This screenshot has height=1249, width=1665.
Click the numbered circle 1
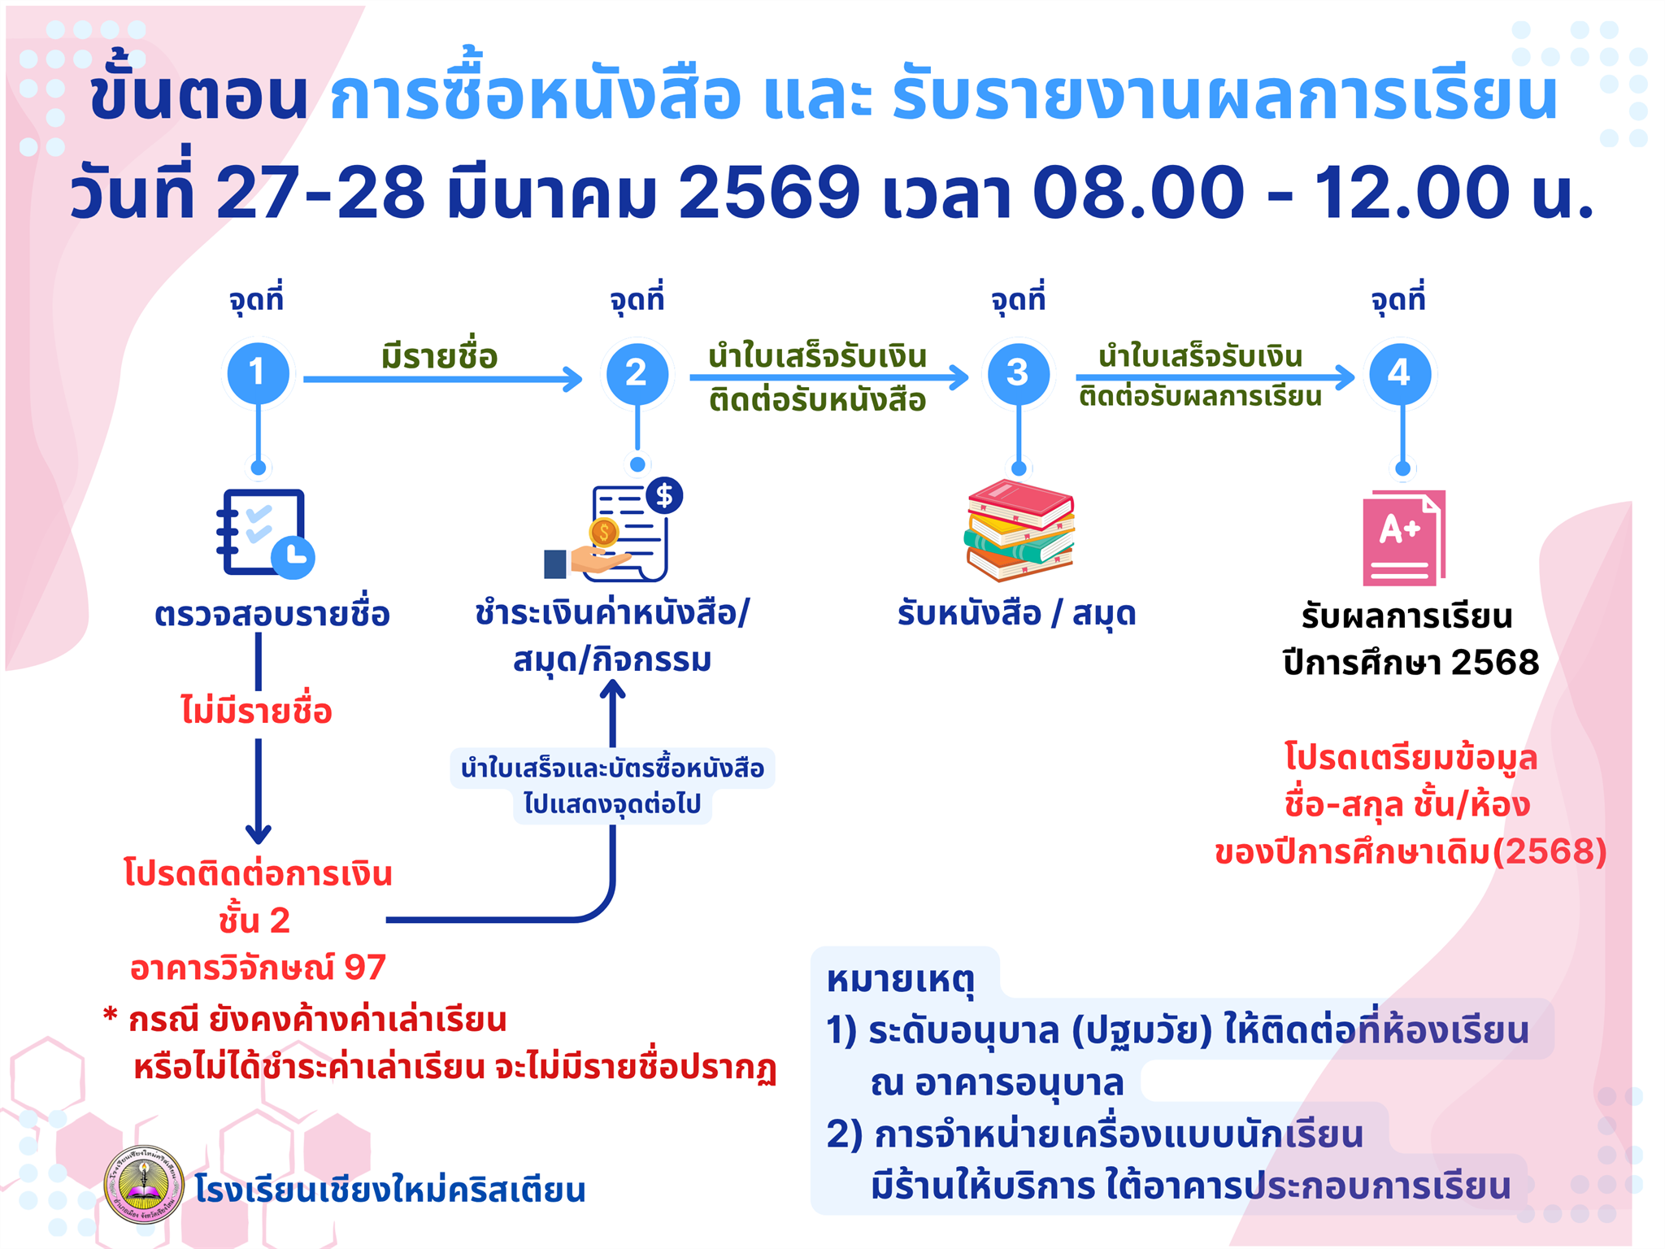tap(259, 373)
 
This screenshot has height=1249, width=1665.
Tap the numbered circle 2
tap(637, 373)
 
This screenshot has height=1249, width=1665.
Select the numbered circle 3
tap(1019, 373)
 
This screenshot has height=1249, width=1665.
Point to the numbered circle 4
tap(1400, 373)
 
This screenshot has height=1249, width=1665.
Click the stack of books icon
tap(1020, 530)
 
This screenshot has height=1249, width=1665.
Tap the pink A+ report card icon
tap(1404, 537)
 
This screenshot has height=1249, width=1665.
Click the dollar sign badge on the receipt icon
tap(665, 495)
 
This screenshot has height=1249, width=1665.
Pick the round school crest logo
tap(145, 1185)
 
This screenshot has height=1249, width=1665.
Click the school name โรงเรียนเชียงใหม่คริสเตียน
tap(390, 1189)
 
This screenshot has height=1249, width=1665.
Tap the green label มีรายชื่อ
tap(439, 356)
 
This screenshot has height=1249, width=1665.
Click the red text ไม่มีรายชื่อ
tap(257, 710)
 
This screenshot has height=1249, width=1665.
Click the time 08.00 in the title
tap(1139, 192)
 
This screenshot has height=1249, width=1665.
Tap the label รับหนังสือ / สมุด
tap(1016, 614)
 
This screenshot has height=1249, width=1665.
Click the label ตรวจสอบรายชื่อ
tap(272, 614)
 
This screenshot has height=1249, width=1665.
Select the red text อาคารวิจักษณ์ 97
tap(258, 967)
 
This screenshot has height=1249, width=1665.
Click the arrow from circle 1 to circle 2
tap(443, 379)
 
